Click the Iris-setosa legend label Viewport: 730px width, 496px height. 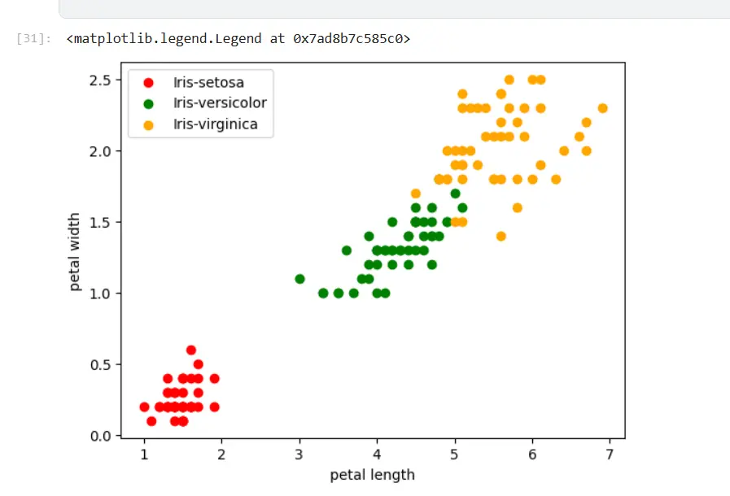tap(208, 82)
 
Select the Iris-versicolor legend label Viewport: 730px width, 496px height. tap(220, 103)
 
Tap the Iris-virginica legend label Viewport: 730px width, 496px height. tap(215, 124)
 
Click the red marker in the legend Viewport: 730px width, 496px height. tap(148, 82)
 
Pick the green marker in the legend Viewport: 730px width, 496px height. tap(148, 103)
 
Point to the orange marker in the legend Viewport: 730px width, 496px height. tap(148, 124)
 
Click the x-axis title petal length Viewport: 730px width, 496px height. tap(372, 475)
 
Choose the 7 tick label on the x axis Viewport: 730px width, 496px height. tap(610, 454)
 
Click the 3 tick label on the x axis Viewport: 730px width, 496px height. tap(299, 454)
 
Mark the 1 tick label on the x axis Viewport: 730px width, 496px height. tap(144, 454)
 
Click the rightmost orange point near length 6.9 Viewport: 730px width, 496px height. tap(602, 108)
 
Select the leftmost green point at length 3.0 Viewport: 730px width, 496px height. tap(299, 279)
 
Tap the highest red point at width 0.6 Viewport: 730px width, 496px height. tap(191, 350)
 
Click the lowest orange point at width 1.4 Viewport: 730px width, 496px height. tap(501, 237)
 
